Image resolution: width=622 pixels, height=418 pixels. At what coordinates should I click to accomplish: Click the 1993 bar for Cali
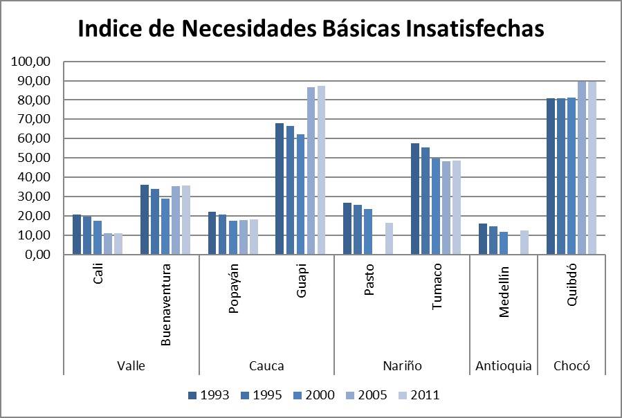point(77,235)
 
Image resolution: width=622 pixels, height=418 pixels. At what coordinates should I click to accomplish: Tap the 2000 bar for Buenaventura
point(165,226)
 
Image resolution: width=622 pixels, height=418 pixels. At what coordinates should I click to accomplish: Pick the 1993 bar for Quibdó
point(551,176)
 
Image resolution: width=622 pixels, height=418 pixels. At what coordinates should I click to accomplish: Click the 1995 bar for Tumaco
point(426,201)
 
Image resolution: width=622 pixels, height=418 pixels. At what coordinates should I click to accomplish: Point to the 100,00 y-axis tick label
point(31,62)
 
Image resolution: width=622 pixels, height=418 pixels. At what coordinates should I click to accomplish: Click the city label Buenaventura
point(166,307)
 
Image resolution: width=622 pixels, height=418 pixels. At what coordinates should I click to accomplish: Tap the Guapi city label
point(302,283)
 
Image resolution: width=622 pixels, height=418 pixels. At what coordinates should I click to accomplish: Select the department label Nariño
point(402,366)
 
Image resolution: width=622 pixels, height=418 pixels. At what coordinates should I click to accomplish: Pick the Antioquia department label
point(504,366)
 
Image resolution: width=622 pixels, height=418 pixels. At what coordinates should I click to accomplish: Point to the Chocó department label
point(571,366)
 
